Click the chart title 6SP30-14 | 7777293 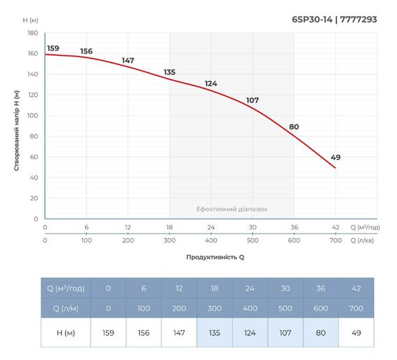334,19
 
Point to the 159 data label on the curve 53,48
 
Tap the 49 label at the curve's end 336,157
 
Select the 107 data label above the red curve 252,100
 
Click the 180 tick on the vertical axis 32,33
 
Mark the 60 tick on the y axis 33,157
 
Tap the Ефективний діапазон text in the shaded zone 231,209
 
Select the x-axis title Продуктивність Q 215,257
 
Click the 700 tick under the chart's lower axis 335,240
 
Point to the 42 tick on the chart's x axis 335,228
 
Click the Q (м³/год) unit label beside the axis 364,228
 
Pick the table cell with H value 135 215,332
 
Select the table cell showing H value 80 321,332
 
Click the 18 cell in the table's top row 215,288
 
